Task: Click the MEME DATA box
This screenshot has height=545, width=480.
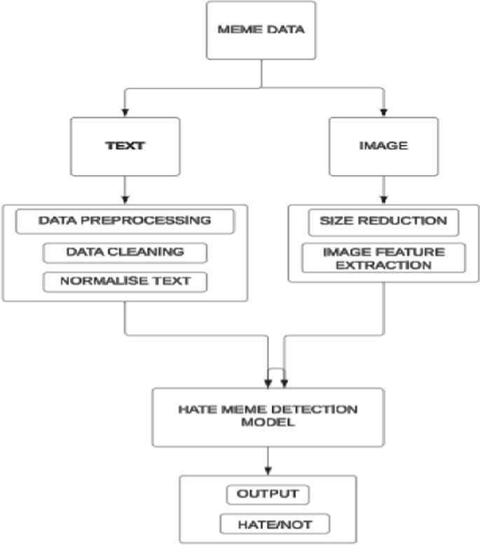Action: pos(261,30)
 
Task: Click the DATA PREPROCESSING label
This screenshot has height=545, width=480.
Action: pos(125,221)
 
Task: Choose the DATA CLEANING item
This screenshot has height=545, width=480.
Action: pos(125,251)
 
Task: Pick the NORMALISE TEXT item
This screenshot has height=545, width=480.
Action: pos(125,282)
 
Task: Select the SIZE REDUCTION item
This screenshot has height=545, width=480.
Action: pos(383,221)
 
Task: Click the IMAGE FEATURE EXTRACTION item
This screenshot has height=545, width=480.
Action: pos(383,258)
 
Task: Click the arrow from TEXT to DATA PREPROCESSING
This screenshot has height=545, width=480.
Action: pos(123,190)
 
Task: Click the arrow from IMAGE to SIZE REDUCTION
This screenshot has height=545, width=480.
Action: pos(383,190)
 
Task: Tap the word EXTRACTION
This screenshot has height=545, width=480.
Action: pos(383,265)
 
